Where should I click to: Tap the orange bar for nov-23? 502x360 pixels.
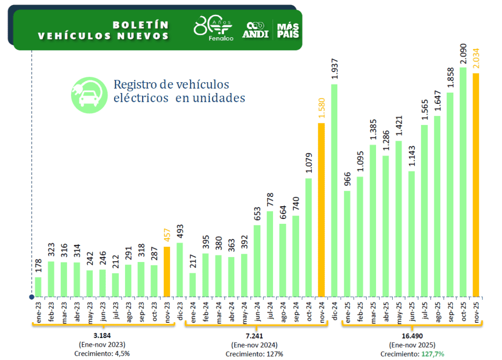[167, 271]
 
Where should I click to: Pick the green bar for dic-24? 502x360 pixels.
[334, 191]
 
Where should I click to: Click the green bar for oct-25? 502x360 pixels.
[463, 182]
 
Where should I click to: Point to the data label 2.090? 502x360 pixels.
[463, 52]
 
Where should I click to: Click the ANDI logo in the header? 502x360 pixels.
[255, 30]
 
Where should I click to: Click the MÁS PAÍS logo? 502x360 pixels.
[288, 30]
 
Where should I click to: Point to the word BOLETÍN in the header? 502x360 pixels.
[140, 24]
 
